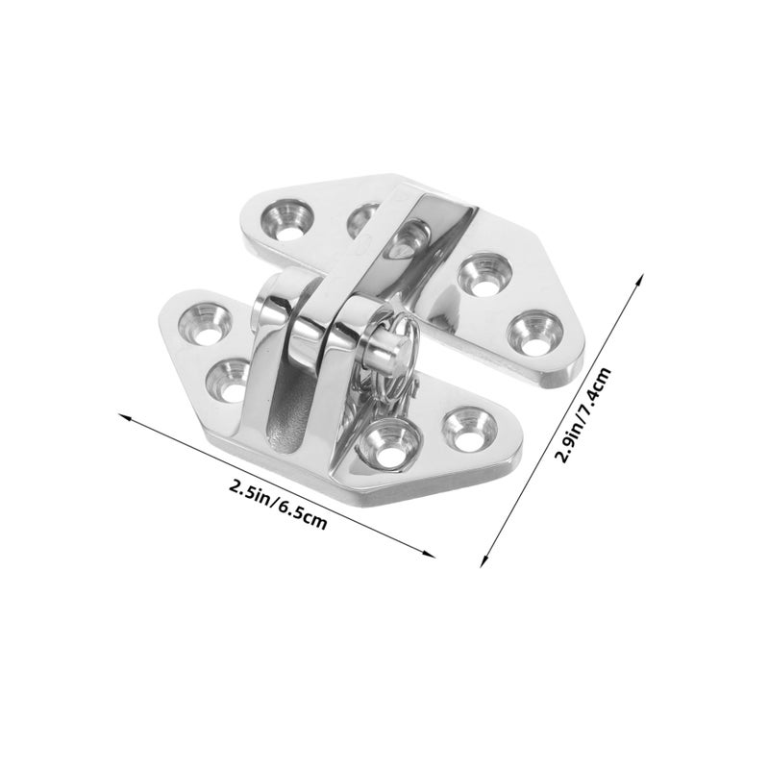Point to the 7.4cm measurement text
595,384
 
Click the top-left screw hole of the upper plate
287,219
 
